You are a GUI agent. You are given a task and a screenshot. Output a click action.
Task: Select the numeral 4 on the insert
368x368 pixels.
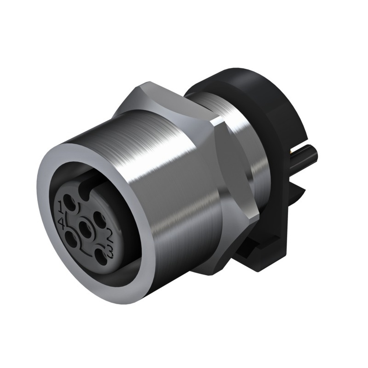61,222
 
